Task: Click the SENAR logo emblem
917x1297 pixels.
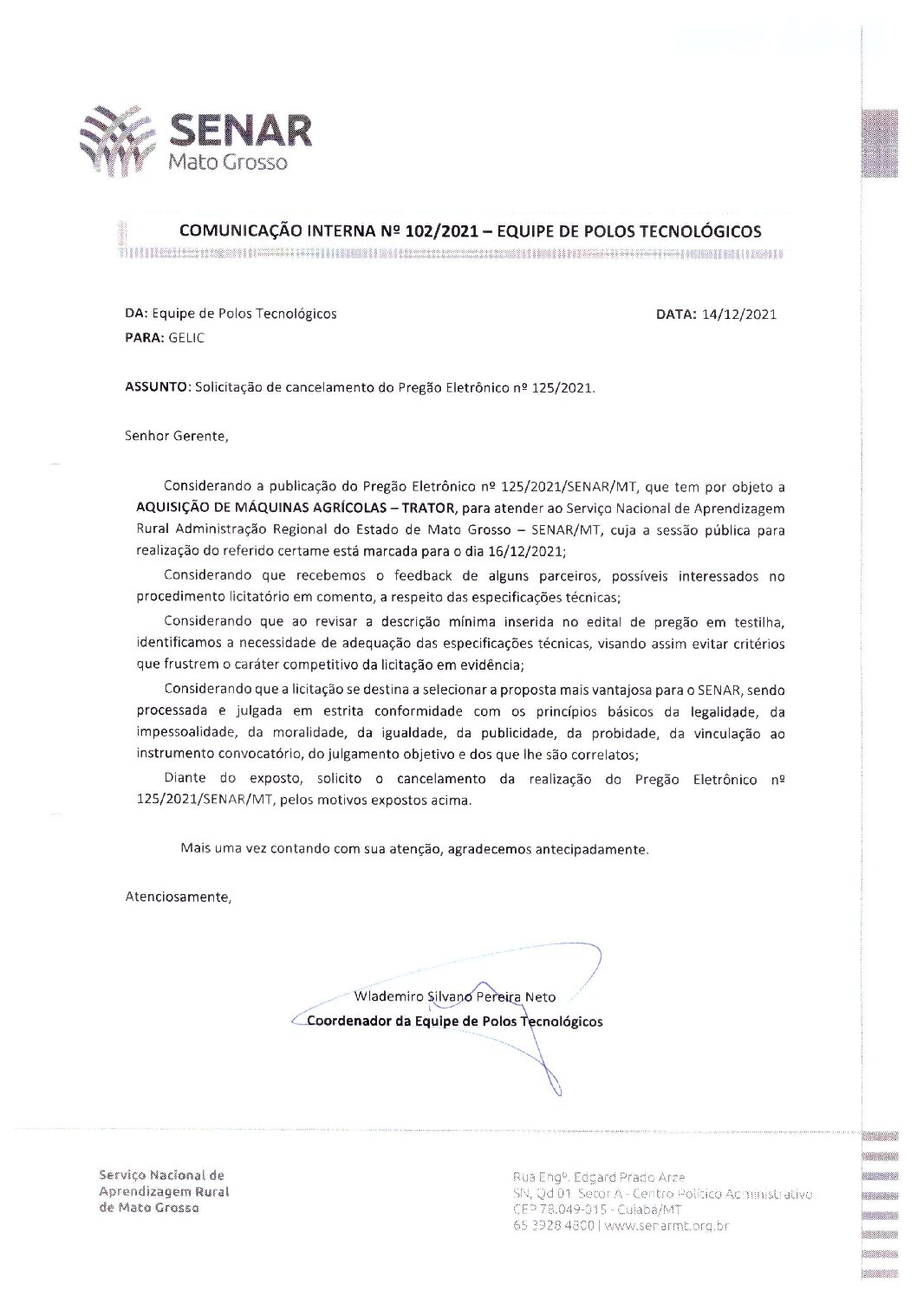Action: coord(117,135)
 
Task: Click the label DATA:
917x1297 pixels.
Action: coord(676,315)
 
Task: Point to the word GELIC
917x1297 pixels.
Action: coord(186,338)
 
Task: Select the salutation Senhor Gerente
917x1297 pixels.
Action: coord(177,436)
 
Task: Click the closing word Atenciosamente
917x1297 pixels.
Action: coord(179,897)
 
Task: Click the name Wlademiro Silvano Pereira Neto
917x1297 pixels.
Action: coord(455,996)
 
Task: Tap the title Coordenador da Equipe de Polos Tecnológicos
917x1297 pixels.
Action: coord(455,1021)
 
